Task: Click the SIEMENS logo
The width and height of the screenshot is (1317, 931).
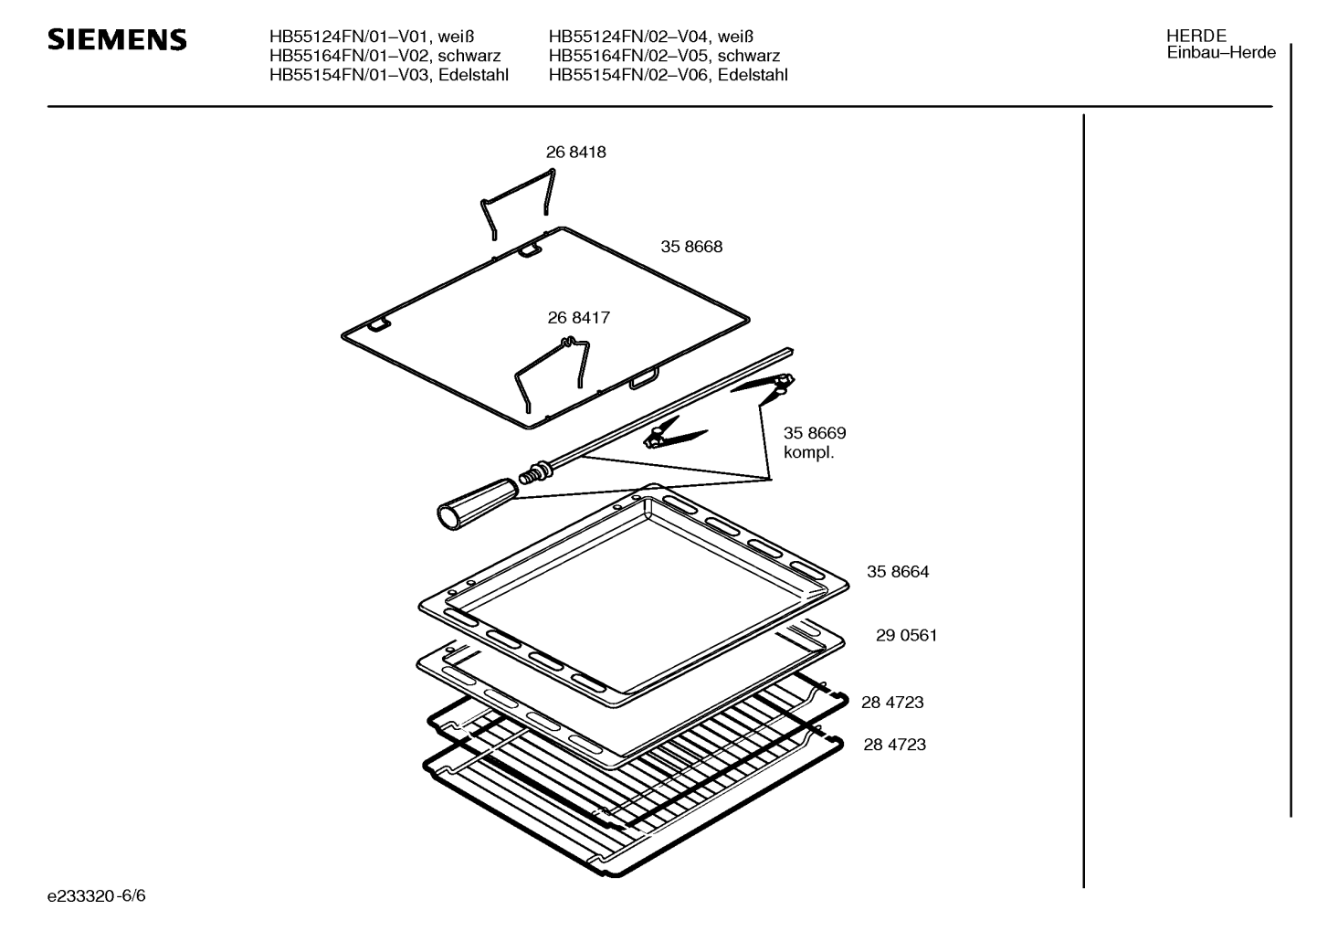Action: point(117,40)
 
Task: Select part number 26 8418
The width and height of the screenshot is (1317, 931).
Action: point(575,153)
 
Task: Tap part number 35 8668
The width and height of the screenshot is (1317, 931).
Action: point(691,247)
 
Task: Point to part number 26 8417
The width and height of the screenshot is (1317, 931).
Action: point(578,318)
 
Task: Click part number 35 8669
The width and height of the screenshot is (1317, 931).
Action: point(815,433)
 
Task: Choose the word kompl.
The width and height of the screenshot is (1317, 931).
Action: point(808,453)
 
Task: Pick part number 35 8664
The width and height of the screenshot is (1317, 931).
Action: point(898,572)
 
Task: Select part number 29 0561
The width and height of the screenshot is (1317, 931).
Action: point(906,635)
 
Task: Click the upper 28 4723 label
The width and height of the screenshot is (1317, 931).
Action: point(892,703)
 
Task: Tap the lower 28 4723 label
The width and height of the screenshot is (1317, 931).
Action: point(894,745)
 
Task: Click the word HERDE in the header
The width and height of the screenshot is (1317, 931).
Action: point(1196,36)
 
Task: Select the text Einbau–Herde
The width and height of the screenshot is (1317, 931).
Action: point(1221,53)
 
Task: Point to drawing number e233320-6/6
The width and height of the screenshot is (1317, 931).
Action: point(97,895)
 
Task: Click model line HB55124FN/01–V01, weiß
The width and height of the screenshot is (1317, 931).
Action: point(372,37)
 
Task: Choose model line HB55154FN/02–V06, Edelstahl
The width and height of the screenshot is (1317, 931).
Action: point(668,75)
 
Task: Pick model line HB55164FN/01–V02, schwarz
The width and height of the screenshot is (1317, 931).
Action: point(385,56)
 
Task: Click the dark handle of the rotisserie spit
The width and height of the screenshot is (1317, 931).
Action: point(478,504)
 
